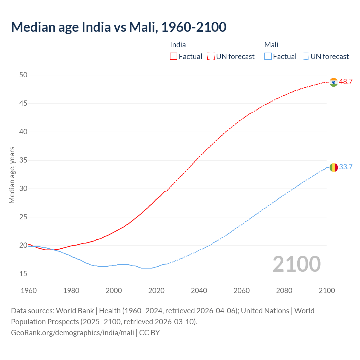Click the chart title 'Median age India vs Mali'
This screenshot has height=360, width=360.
click(x=118, y=27)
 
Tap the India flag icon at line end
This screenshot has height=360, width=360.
click(x=334, y=82)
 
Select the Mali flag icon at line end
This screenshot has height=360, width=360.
click(x=334, y=167)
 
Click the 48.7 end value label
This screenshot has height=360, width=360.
click(x=346, y=82)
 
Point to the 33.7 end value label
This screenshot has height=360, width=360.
click(x=346, y=167)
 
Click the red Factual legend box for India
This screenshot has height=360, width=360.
click(x=174, y=57)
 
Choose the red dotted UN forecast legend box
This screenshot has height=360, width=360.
click(x=211, y=57)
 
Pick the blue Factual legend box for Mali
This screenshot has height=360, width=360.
click(x=268, y=57)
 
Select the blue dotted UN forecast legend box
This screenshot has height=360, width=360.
click(x=305, y=57)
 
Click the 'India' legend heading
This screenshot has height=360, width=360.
click(x=178, y=45)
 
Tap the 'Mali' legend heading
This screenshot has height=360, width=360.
click(x=271, y=45)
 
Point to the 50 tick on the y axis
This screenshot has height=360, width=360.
click(x=23, y=75)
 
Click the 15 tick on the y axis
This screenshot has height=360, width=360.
click(x=23, y=274)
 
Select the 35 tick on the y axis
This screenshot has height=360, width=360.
click(x=23, y=160)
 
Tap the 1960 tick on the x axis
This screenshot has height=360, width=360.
click(x=29, y=291)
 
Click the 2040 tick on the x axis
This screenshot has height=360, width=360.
click(x=199, y=291)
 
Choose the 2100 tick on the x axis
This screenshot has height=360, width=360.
click(x=327, y=291)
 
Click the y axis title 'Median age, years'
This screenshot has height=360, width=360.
click(x=12, y=175)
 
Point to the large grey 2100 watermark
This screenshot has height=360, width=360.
click(x=296, y=264)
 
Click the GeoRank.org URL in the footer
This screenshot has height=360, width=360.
click(x=72, y=333)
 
